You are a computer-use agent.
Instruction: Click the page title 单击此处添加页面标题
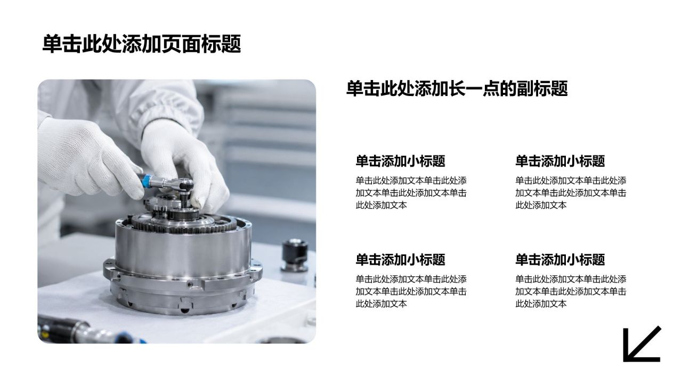(142, 44)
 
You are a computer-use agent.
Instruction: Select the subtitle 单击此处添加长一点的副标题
(457, 89)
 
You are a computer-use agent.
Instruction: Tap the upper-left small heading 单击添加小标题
(400, 161)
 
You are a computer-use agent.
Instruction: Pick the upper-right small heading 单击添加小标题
(560, 161)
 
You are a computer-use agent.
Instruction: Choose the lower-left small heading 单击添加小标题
(400, 259)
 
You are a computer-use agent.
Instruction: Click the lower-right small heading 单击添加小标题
(560, 259)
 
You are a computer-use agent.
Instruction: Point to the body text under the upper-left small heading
(411, 193)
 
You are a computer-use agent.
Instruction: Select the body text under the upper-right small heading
(571, 193)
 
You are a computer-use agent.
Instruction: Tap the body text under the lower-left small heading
(411, 291)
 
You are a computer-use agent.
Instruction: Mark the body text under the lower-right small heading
(571, 291)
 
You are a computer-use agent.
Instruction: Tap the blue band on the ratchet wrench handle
(146, 181)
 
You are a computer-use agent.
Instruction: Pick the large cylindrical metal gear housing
(182, 265)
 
